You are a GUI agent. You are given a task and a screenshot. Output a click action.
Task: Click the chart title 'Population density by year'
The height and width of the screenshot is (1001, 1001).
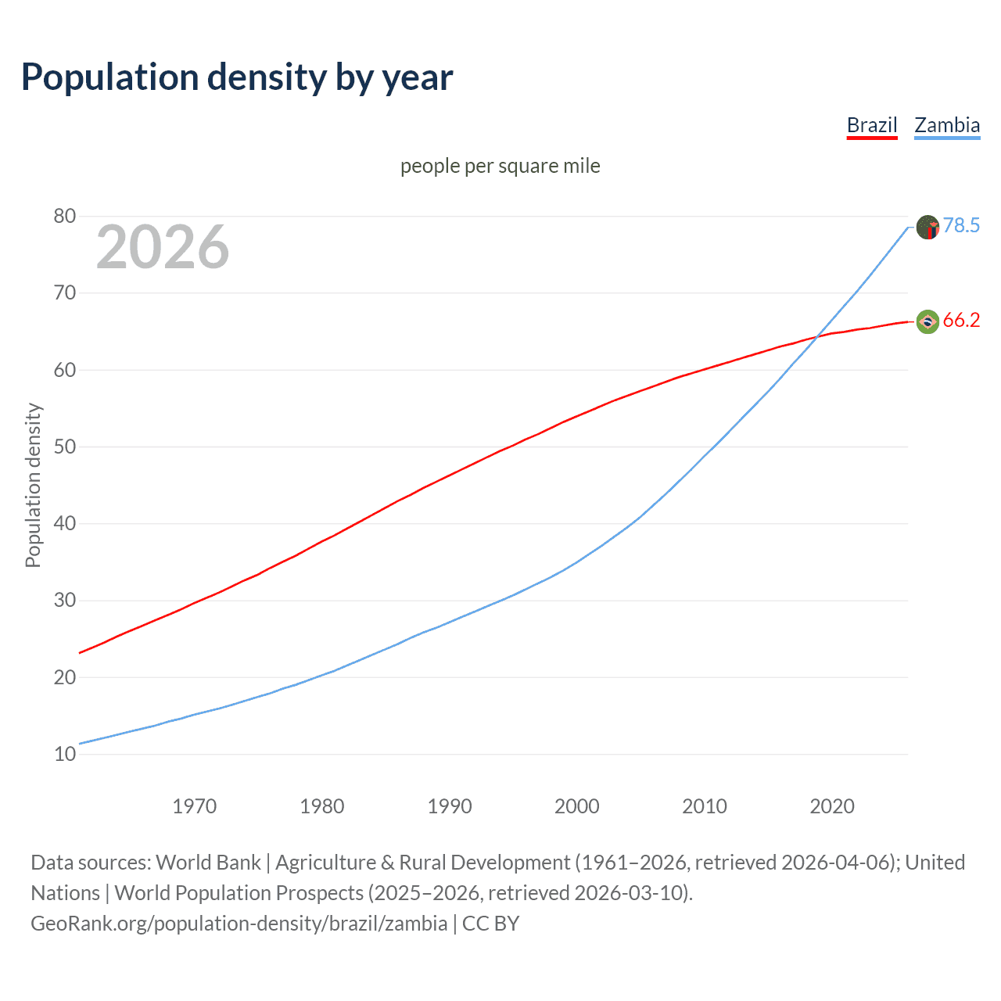237,77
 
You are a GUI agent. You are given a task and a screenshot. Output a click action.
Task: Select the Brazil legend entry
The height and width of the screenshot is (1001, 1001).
872,125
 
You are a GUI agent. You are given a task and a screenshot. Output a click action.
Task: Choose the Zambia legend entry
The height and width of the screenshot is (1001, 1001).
947,125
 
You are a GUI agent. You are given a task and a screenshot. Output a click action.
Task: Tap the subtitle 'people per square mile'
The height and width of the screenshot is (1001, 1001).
500,166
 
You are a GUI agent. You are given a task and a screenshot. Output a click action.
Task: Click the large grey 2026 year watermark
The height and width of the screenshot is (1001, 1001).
163,247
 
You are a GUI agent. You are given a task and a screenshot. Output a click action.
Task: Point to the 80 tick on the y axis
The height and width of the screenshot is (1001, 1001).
65,217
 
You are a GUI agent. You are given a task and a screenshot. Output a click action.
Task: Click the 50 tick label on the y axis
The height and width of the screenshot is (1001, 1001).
65,447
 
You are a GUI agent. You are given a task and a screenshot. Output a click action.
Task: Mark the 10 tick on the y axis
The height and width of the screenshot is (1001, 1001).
65,754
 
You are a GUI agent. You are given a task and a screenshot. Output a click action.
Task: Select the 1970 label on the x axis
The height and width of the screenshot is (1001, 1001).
194,806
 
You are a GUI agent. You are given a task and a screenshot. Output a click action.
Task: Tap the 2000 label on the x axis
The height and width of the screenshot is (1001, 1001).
576,806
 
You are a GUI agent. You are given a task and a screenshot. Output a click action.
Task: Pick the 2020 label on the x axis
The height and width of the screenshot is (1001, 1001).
831,806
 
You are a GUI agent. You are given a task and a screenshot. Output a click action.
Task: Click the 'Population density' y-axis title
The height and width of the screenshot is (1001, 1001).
33,485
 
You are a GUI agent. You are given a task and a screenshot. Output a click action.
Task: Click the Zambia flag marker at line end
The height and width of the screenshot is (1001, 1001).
927,228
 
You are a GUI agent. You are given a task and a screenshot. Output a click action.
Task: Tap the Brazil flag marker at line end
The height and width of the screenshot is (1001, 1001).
927,321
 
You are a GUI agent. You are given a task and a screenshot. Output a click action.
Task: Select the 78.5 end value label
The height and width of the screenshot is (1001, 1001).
961,226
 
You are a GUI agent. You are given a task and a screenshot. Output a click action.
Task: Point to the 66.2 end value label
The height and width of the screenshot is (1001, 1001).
961,321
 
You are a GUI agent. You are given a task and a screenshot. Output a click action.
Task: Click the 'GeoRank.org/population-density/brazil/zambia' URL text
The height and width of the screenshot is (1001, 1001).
239,924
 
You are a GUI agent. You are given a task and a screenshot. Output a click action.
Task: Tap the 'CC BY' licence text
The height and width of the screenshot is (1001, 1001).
490,924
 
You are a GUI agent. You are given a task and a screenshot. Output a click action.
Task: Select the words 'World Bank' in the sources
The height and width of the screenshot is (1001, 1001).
208,863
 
